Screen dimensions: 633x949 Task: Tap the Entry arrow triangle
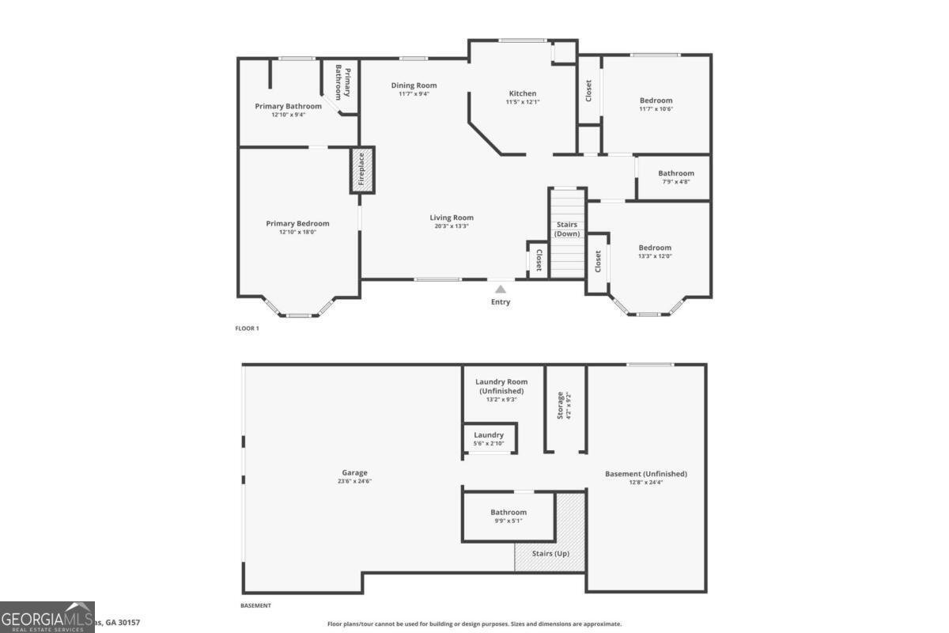click(501, 290)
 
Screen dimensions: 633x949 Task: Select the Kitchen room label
click(522, 93)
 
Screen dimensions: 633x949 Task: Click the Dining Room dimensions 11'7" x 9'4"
click(414, 94)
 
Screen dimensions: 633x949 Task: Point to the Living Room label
click(452, 218)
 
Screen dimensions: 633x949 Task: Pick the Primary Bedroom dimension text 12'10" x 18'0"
click(297, 233)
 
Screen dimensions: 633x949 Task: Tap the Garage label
click(354, 472)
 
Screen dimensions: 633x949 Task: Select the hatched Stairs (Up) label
click(550, 553)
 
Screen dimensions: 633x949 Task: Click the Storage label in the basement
click(560, 405)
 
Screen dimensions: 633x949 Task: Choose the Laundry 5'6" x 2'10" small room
click(489, 438)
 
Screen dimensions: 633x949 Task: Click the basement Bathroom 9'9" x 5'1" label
click(508, 512)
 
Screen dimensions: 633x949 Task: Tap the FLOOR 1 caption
click(247, 328)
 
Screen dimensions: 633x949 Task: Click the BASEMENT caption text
click(255, 605)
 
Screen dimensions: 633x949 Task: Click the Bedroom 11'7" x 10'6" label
click(656, 100)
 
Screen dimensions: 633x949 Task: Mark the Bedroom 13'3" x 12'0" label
click(655, 248)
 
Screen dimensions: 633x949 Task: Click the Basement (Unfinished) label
click(646, 474)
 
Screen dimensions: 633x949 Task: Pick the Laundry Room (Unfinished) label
click(501, 386)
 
